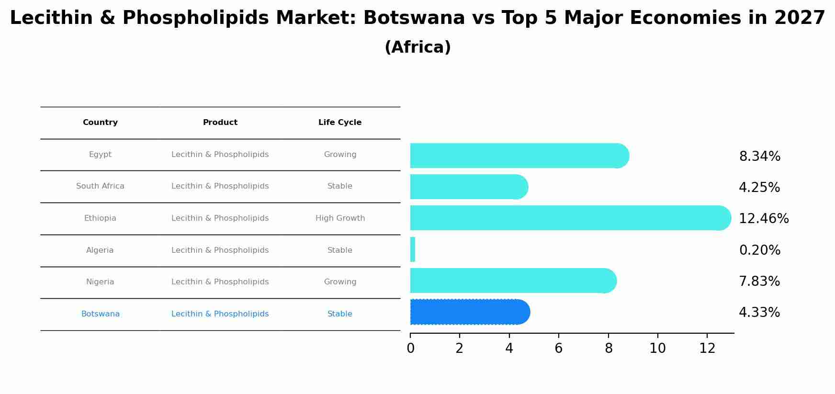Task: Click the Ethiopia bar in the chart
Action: tap(570, 218)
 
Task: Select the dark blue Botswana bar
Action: tap(469, 312)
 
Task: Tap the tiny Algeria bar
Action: tap(413, 249)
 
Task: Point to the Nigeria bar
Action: tap(512, 281)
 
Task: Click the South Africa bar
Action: tap(468, 187)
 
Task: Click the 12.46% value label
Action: tap(763, 219)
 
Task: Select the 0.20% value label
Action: tap(759, 250)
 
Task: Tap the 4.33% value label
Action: tap(759, 313)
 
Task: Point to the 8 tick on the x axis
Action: tap(609, 349)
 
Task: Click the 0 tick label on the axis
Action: tap(410, 349)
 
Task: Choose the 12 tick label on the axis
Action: tap(707, 349)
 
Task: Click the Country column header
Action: tap(100, 123)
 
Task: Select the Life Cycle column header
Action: tap(339, 123)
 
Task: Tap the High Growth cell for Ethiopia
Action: tap(340, 218)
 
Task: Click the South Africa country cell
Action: tap(100, 186)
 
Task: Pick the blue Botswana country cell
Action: tap(100, 314)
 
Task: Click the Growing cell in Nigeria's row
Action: tap(340, 282)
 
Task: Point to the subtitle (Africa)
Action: tap(417, 47)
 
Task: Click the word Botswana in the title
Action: tap(414, 18)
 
